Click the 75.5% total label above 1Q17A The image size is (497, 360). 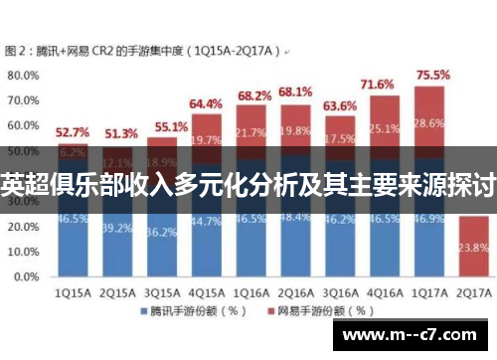[432, 75]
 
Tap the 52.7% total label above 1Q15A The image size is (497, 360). [72, 131]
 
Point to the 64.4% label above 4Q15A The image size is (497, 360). [206, 103]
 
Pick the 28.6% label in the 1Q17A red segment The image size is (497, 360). [430, 122]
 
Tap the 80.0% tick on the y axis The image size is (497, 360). [23, 75]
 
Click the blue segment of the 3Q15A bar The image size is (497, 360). [161, 239]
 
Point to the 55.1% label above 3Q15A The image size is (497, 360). [161, 127]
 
